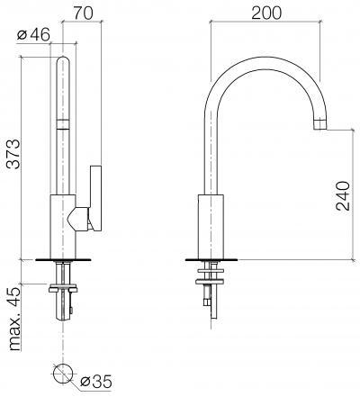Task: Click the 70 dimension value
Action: coord(83,14)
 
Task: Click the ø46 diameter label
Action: coord(33,35)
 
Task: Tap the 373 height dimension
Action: coord(13,154)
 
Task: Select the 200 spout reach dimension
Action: coord(266,13)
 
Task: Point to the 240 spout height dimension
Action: coord(343,195)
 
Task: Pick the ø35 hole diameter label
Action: coord(96,382)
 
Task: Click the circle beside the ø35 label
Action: coord(63,374)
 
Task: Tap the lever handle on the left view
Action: coord(95,198)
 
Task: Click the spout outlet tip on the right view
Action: coord(319,124)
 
